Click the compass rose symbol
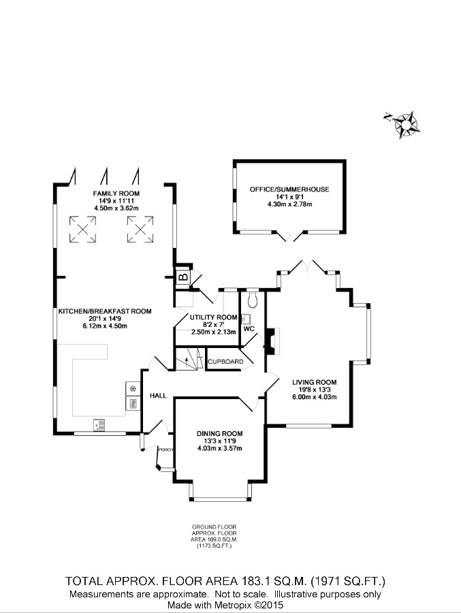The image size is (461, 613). click(407, 125)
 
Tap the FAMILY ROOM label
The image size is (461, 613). click(116, 194)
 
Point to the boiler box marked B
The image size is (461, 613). click(182, 277)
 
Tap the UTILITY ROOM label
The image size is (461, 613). click(214, 317)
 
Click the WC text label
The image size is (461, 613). click(249, 329)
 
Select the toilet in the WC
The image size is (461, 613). click(253, 298)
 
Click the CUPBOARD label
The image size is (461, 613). click(225, 361)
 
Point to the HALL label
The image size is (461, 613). click(158, 395)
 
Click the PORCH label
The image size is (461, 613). click(165, 450)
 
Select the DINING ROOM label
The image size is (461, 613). click(219, 433)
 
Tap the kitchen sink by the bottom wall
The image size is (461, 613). click(99, 425)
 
